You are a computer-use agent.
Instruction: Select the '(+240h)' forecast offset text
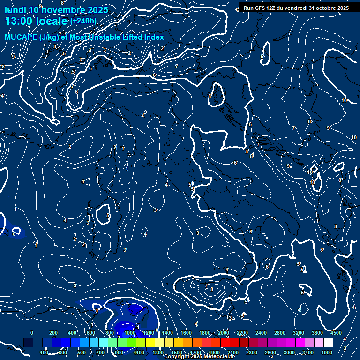click(83, 21)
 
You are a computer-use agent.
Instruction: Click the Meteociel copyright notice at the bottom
click(199, 357)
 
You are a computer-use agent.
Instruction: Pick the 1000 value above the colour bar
click(129, 333)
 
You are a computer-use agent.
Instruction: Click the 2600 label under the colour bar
click(270, 352)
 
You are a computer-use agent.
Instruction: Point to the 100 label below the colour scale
click(44, 352)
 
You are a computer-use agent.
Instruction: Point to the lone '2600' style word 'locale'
click(52, 21)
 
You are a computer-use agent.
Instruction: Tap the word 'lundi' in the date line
click(15, 10)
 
